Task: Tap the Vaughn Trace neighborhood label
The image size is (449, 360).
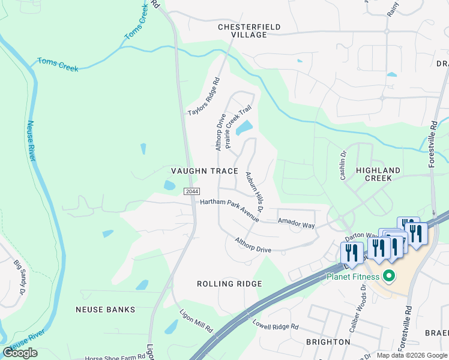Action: tap(205, 171)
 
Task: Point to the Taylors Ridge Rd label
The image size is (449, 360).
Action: tap(204, 97)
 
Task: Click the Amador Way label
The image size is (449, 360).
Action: tap(296, 223)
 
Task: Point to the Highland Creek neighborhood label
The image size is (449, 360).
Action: tap(382, 174)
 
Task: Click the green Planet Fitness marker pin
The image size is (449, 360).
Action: tap(388, 277)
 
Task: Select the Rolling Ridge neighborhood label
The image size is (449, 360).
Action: tap(230, 284)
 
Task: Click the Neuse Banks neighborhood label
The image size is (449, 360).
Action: tap(105, 310)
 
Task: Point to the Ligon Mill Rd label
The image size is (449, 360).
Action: tap(196, 321)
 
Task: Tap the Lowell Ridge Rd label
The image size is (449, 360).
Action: tap(276, 325)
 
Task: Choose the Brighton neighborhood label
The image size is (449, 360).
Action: tap(328, 342)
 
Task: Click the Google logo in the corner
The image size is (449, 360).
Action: tap(20, 353)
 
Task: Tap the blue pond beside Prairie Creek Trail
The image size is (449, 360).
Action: tap(244, 128)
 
